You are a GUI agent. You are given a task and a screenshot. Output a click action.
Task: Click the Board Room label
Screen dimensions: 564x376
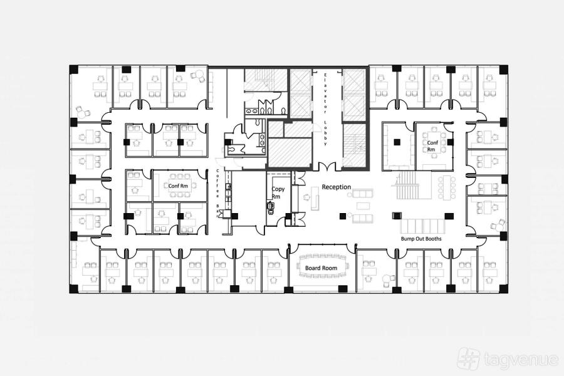tap(321, 268)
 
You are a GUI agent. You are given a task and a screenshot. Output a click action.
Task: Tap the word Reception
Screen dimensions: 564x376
tap(337, 187)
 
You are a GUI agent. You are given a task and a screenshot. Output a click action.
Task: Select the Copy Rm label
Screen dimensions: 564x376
tap(278, 192)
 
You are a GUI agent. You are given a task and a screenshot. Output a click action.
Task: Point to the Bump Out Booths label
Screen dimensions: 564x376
tap(421, 239)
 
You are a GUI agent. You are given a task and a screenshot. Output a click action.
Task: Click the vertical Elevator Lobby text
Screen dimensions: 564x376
tap(325, 109)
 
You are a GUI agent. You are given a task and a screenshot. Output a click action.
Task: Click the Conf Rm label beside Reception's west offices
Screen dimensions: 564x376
tap(178, 186)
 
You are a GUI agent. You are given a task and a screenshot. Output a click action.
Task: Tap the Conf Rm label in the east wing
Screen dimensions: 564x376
tap(432, 146)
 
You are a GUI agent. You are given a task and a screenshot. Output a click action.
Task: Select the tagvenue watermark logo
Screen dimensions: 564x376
tap(508, 358)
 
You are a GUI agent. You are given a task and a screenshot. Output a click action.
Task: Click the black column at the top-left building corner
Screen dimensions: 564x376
tap(74, 70)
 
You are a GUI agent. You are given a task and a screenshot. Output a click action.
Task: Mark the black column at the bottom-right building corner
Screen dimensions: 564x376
tap(504, 288)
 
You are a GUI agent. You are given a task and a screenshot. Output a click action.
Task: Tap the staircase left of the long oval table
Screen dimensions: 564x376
tap(408, 185)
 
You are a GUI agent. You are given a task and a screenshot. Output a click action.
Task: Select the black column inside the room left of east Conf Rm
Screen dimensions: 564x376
tap(397, 142)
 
